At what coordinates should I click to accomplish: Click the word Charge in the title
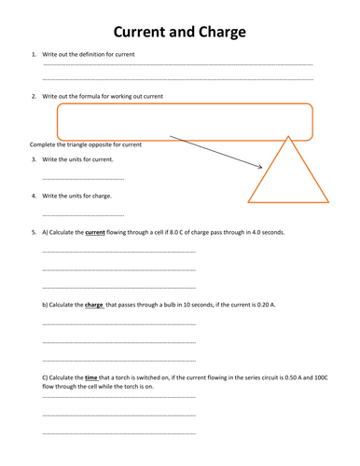216,34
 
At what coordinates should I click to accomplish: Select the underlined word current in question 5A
95,232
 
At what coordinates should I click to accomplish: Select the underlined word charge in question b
93,305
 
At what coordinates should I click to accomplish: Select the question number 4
34,196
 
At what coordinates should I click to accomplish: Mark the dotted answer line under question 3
83,176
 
